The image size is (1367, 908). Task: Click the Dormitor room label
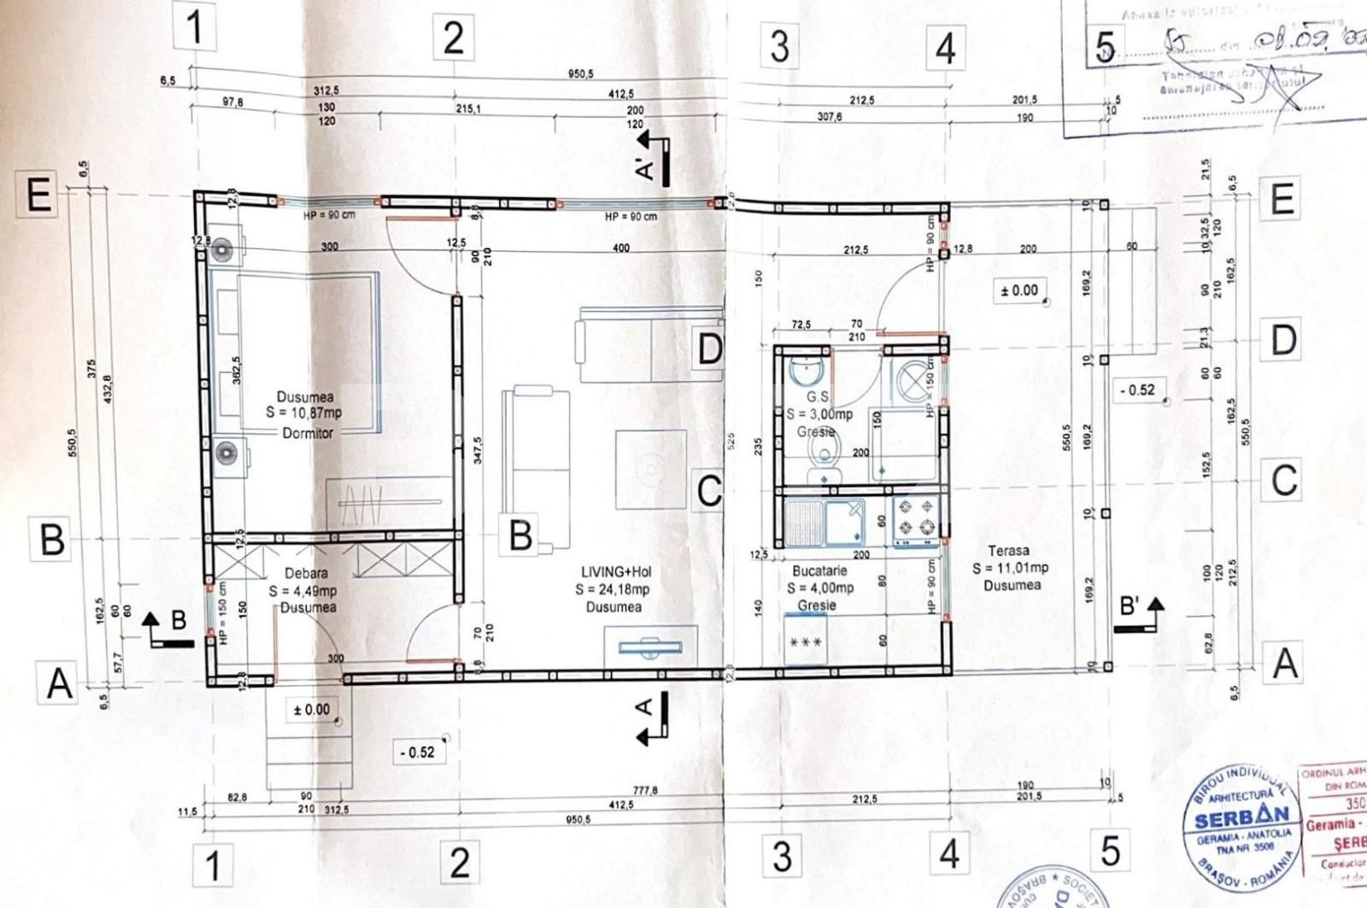(308, 433)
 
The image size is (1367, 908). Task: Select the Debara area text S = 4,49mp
(302, 591)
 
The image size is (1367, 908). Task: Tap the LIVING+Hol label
(616, 572)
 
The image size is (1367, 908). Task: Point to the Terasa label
(1008, 551)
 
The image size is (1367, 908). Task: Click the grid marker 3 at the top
(779, 46)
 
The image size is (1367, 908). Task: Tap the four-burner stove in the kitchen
(916, 518)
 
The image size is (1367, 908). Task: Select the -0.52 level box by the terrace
(1136, 390)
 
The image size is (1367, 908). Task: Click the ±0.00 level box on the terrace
(1018, 290)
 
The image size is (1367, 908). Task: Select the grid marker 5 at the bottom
(1110, 851)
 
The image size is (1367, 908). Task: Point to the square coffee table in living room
(650, 469)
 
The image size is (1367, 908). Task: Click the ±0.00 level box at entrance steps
(311, 710)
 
